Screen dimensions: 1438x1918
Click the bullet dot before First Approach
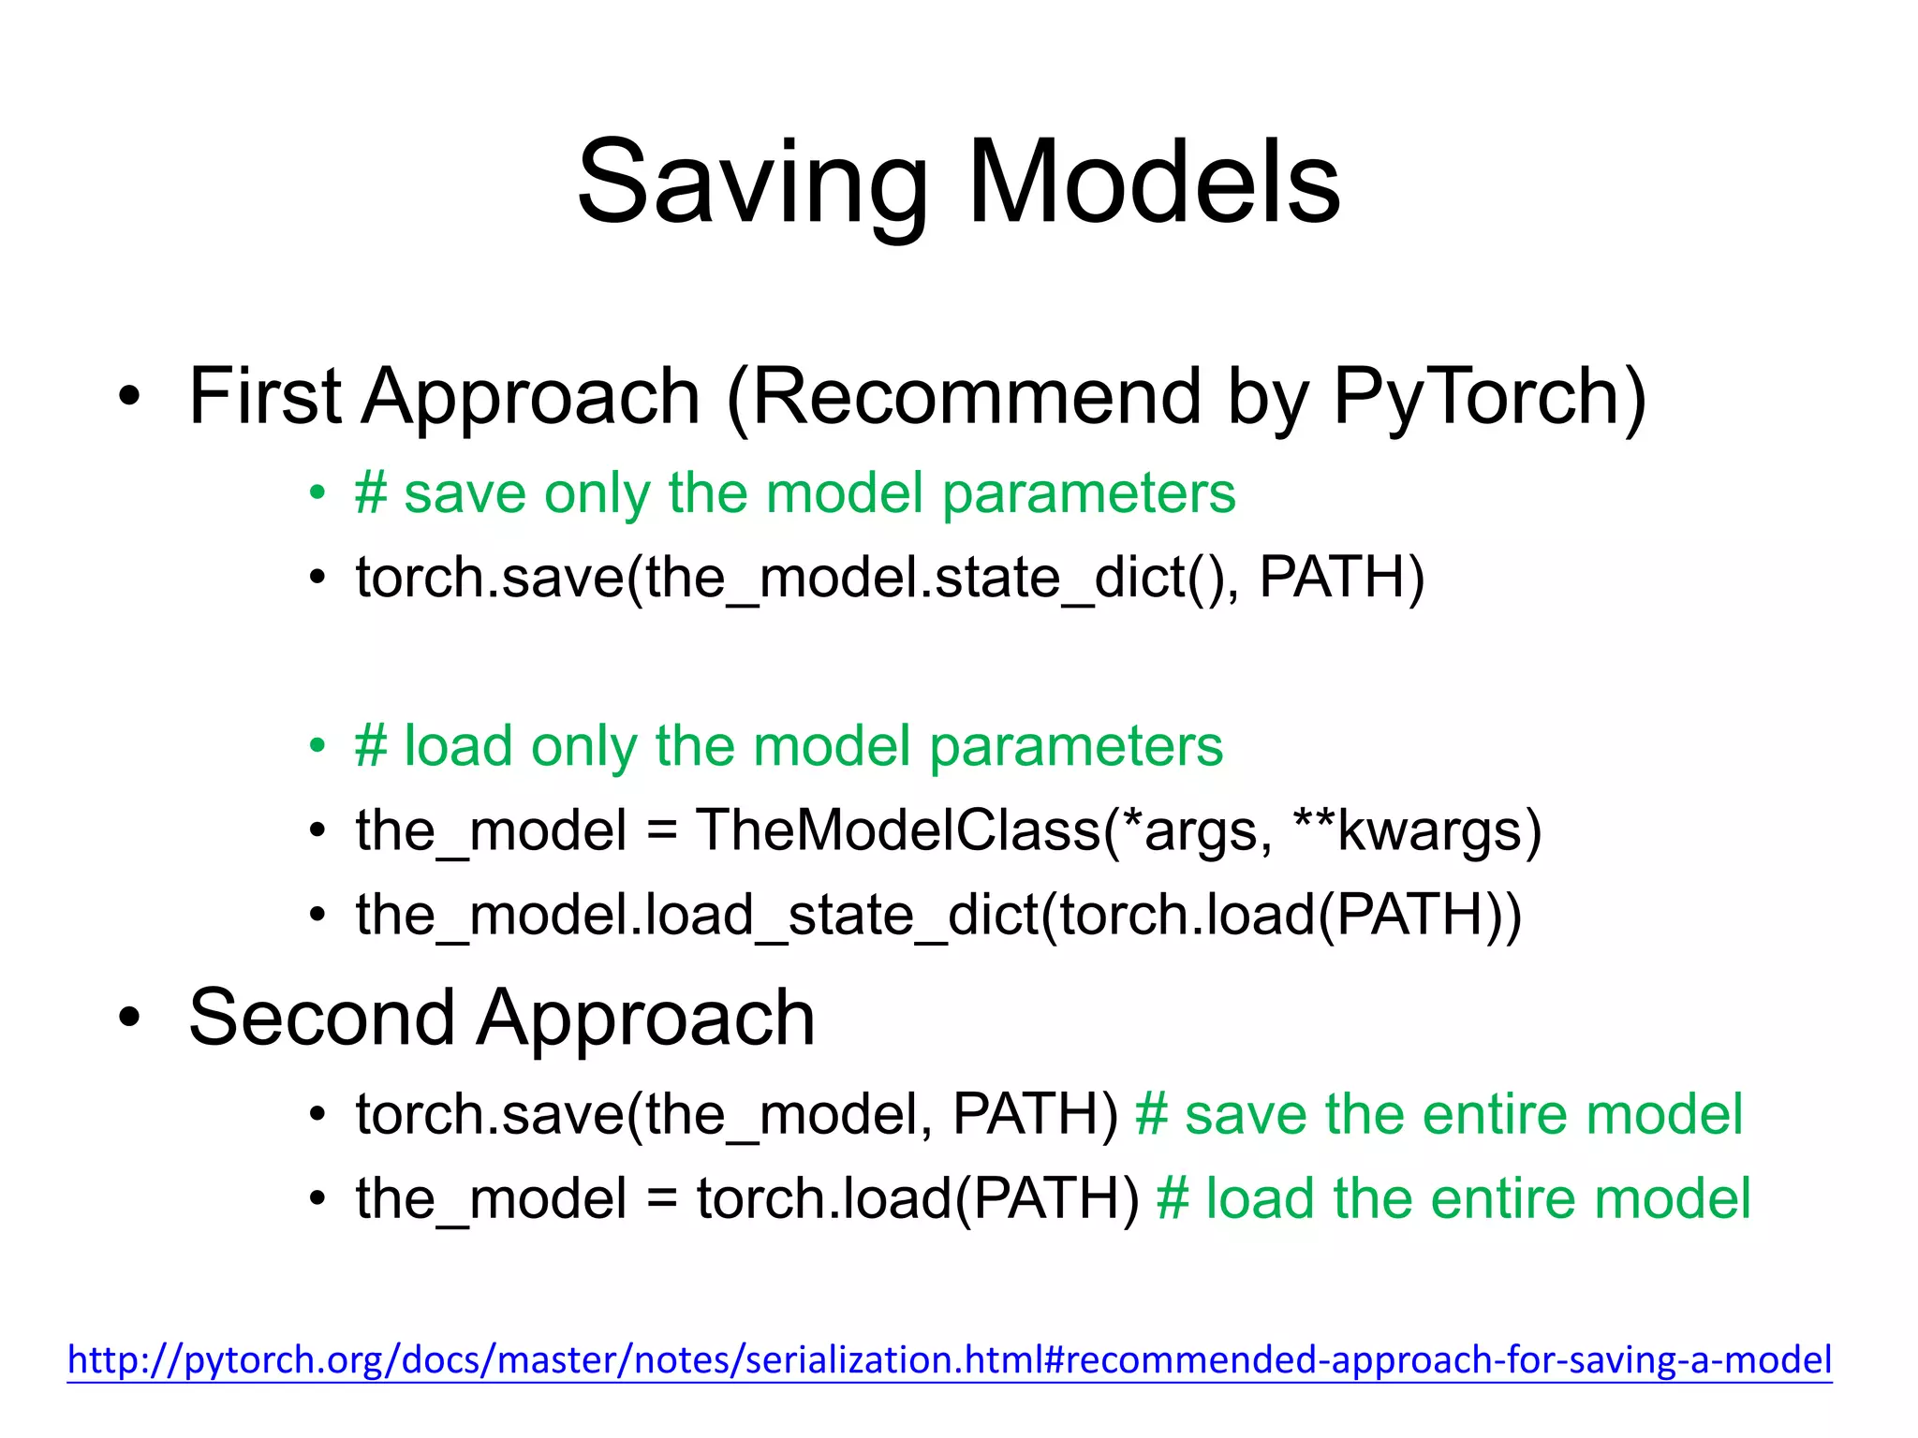pos(129,397)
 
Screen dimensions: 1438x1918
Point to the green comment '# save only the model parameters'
pos(794,493)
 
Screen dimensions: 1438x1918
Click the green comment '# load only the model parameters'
pos(789,746)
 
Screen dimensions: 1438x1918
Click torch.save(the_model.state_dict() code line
pos(796,578)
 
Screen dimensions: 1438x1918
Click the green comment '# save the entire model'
pos(1438,1114)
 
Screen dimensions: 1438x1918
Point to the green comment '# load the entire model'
pos(1453,1198)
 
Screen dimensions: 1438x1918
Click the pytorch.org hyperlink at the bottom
pos(949,1359)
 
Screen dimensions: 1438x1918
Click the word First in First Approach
pos(265,397)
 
